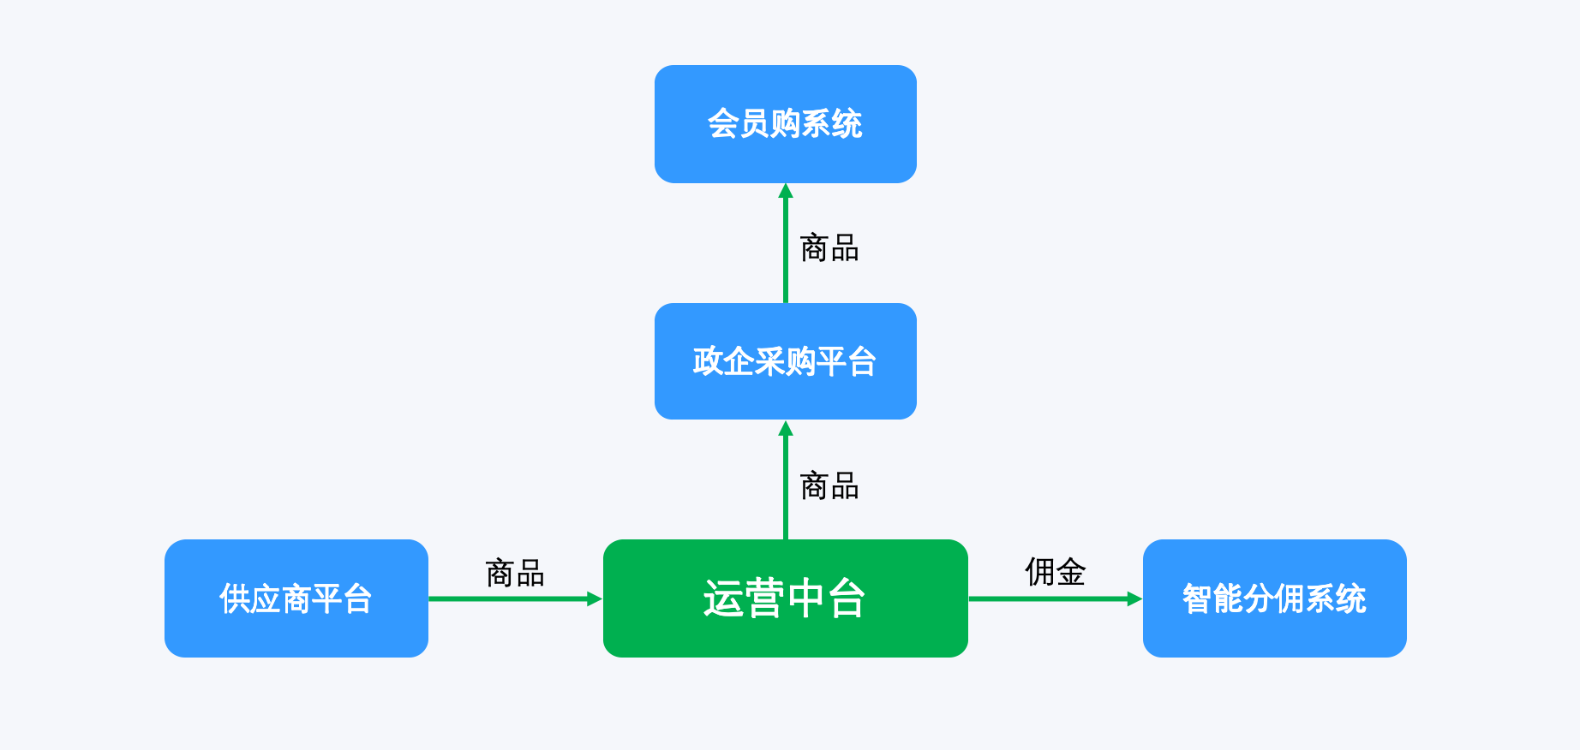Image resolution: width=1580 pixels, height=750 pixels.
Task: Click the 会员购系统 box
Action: [x=786, y=124]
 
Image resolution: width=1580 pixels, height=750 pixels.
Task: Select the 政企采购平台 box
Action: [x=786, y=361]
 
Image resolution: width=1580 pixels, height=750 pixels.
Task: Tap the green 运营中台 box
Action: [x=786, y=598]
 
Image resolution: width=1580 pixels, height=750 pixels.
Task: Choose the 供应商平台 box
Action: [x=296, y=598]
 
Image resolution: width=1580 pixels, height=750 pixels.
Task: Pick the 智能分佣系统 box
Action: [x=1275, y=598]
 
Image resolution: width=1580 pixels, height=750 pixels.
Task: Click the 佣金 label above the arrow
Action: [x=1056, y=572]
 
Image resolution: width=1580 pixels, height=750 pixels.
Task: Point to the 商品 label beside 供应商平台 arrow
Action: [x=515, y=574]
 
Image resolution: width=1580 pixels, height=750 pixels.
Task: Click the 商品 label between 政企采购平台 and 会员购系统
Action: [x=829, y=248]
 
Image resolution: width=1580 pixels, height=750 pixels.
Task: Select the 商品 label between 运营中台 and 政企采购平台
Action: [x=829, y=486]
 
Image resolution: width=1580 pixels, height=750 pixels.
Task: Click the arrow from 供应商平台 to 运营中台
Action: [x=516, y=599]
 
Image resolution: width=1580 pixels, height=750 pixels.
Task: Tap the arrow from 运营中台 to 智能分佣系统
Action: [x=1056, y=599]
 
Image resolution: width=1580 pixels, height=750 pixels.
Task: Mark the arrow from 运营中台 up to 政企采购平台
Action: [x=786, y=479]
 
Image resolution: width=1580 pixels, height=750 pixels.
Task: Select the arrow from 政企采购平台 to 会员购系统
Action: [x=786, y=243]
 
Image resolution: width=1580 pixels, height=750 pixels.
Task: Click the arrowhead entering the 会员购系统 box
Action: [x=786, y=191]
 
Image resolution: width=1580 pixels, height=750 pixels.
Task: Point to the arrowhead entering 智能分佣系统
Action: [x=1135, y=599]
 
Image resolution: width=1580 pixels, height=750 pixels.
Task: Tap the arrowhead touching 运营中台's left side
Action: [x=595, y=599]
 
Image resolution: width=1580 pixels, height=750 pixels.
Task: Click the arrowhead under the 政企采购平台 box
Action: [x=786, y=427]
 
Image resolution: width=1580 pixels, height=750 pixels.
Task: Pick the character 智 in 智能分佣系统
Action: [x=1198, y=598]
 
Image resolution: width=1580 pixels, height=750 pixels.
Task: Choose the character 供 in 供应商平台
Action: [x=235, y=598]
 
